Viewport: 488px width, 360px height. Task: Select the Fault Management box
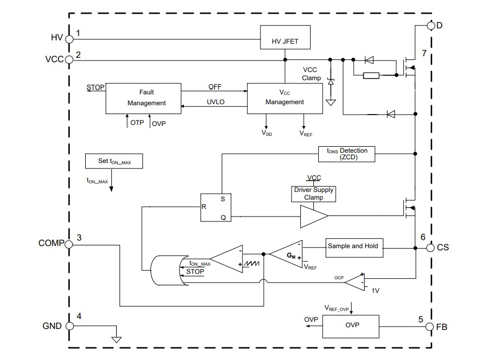(x=144, y=98)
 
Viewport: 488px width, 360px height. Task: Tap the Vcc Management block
(x=284, y=98)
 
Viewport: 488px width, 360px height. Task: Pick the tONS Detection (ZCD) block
(x=347, y=154)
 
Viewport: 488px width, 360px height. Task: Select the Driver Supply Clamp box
(x=313, y=194)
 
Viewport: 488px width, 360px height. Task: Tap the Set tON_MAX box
(x=114, y=161)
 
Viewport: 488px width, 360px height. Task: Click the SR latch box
(x=214, y=207)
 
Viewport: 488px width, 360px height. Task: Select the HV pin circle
(x=69, y=38)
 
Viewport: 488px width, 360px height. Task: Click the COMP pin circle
(x=69, y=244)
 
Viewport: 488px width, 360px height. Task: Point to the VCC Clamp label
(x=312, y=74)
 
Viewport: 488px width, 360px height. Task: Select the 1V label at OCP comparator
(x=376, y=291)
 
